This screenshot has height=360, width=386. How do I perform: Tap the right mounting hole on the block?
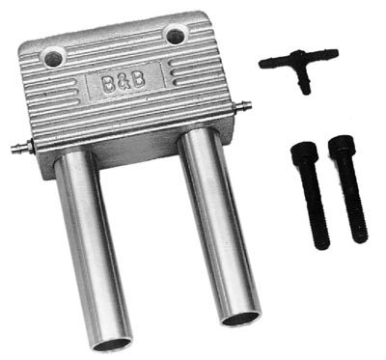click(x=174, y=36)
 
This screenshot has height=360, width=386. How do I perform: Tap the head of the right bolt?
click(x=340, y=148)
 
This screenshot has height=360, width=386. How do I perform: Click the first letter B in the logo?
click(x=106, y=86)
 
